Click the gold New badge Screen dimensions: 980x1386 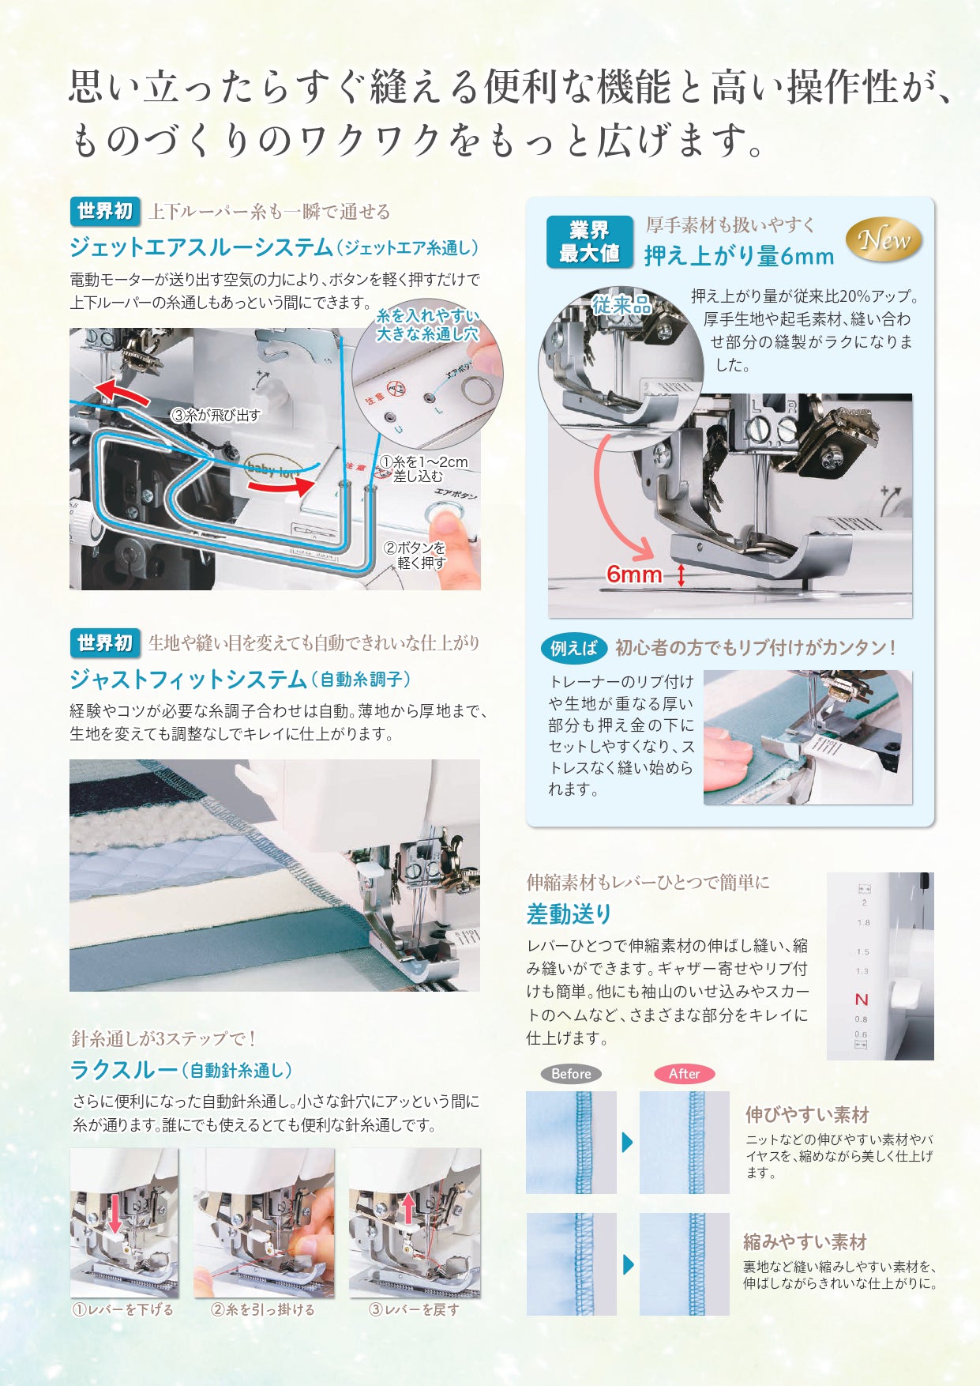884,239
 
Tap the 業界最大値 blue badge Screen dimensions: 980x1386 589,242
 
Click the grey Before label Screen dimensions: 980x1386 571,1074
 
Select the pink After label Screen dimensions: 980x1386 684,1074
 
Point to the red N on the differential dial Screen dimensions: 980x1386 862,1000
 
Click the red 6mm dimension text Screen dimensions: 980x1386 633,574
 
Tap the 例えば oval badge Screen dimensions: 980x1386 574,648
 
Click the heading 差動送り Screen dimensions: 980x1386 569,914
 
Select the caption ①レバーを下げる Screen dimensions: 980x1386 123,1309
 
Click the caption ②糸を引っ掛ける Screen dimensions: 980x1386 262,1309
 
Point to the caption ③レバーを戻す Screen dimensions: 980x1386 414,1309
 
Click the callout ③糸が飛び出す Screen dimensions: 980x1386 216,415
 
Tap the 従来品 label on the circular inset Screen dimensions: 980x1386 621,305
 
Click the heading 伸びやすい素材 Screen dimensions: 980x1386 807,1115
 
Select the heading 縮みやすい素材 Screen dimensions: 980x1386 805,1241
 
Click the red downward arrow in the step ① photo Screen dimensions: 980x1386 115,1213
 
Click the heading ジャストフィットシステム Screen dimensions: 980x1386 188,679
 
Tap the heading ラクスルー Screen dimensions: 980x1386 124,1070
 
